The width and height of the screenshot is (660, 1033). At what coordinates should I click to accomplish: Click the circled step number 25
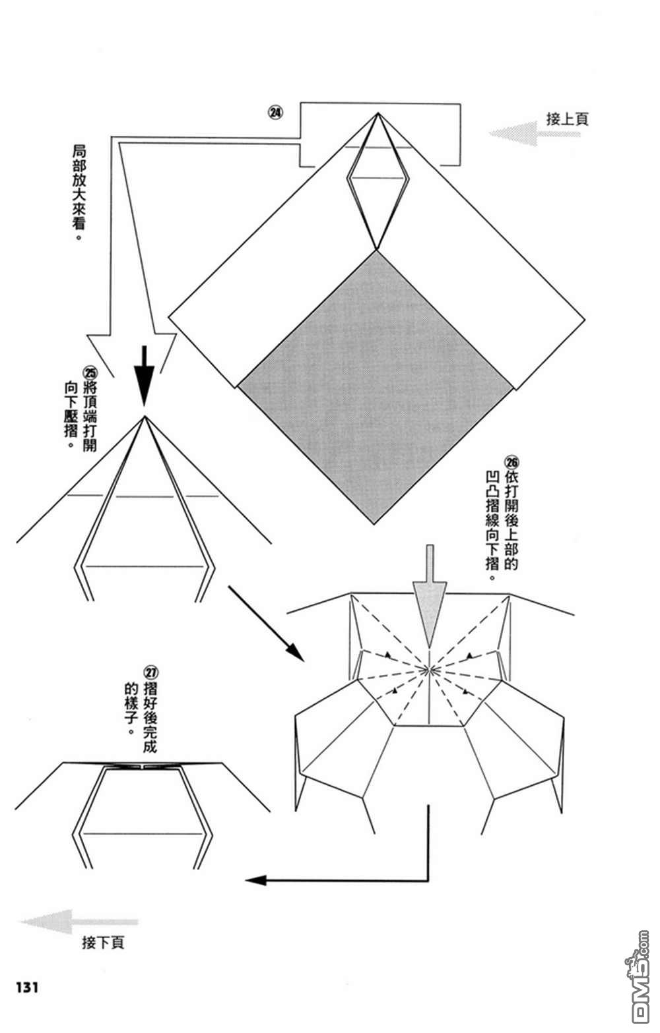coord(90,371)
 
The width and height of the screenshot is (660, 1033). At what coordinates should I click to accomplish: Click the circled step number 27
coord(151,673)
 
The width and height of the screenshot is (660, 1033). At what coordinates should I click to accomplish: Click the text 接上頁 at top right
coord(567,119)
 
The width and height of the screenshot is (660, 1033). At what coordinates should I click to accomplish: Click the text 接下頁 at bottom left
coord(103,943)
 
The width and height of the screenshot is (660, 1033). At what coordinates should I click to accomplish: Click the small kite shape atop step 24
coord(376,185)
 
